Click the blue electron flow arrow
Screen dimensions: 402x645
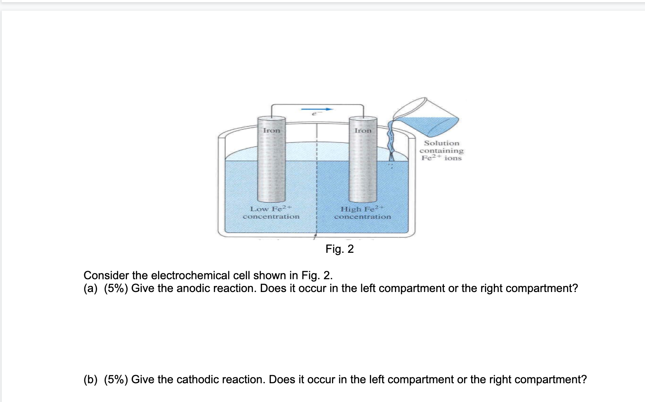(317, 109)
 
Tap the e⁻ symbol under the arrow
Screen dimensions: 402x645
(314, 114)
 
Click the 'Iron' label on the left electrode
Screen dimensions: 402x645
(271, 130)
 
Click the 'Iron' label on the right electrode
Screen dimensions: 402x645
(363, 130)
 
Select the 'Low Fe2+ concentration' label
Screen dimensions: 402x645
(271, 213)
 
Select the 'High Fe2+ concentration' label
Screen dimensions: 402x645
(362, 213)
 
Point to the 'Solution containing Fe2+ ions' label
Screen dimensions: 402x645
(441, 150)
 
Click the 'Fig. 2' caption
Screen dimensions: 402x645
(340, 249)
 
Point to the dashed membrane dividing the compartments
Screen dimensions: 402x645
(317, 183)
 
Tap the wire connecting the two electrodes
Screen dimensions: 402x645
(317, 104)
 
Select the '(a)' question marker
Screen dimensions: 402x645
(90, 289)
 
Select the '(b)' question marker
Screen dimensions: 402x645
(90, 380)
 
